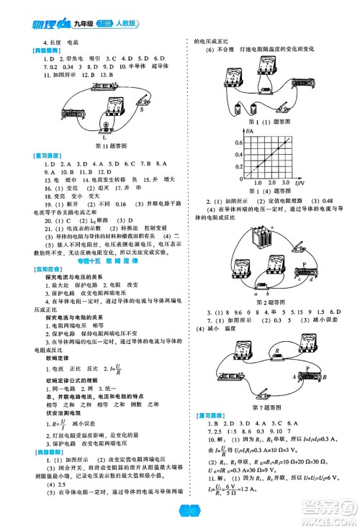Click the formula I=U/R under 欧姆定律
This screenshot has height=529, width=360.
[114, 367]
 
